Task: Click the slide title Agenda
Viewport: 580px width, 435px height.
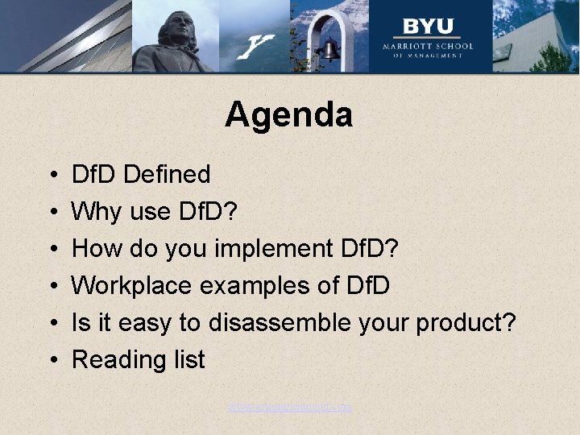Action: pos(289,115)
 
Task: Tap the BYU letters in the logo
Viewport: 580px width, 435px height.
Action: pos(428,26)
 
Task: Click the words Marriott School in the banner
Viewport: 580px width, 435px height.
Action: pos(428,46)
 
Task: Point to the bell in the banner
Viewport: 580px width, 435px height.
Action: pos(329,51)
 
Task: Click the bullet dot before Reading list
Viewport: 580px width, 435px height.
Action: pos(51,360)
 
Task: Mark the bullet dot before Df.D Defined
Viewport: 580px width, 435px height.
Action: pos(51,175)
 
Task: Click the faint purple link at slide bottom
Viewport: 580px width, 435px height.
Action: pos(289,408)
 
